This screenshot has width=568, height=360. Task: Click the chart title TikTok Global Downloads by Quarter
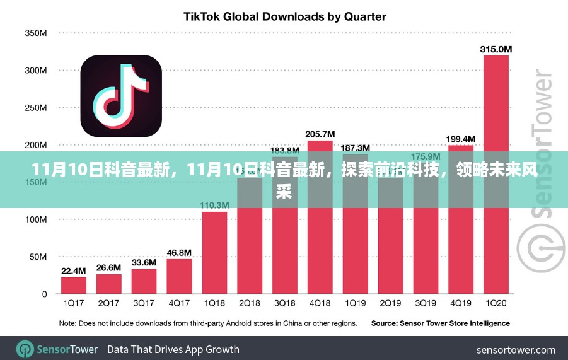[x=284, y=16]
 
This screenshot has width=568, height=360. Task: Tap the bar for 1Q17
[x=74, y=286]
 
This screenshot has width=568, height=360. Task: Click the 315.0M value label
[x=496, y=49]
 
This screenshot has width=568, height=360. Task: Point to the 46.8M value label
[x=179, y=253]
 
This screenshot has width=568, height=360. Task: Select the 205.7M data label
[x=320, y=134]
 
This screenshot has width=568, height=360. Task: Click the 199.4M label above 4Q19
[x=461, y=139]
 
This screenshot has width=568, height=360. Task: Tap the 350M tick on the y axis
[x=35, y=33]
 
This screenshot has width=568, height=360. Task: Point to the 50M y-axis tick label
[x=38, y=257]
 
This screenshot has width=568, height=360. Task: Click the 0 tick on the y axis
[x=44, y=294]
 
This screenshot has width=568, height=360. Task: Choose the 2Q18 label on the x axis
[x=250, y=304]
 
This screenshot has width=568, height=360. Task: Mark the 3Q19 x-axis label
[x=426, y=304]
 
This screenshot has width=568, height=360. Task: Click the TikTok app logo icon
[x=121, y=96]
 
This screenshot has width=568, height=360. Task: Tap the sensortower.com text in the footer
[x=516, y=350]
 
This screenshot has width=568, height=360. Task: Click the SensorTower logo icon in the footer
[x=25, y=349]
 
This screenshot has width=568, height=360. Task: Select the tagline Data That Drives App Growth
[x=173, y=349]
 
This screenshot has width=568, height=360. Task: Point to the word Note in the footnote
[x=68, y=323]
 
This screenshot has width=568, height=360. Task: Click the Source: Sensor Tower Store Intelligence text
[x=440, y=323]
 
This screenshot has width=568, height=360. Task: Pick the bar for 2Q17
[x=109, y=284]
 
